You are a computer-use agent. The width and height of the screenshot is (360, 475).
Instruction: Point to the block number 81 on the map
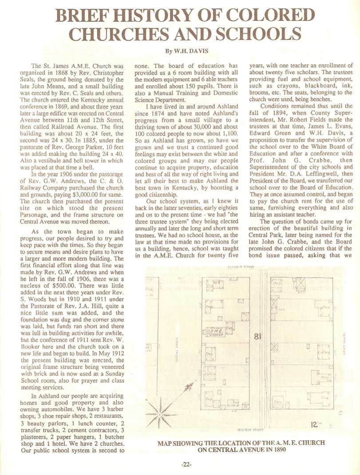pos(258,338)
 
